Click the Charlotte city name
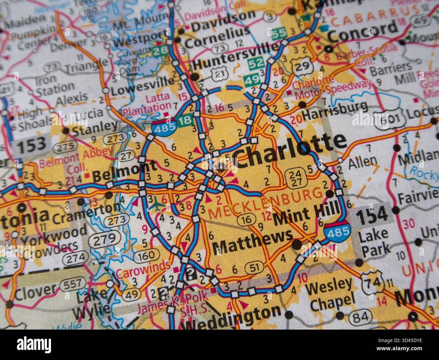290,151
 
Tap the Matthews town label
252,242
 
